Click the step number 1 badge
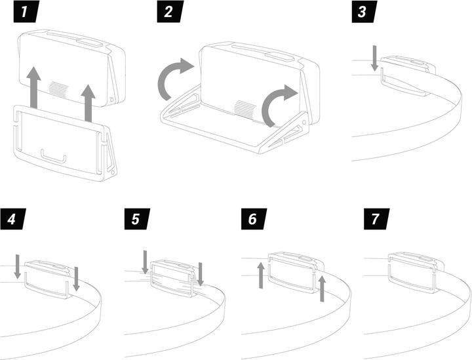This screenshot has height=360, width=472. (x=19, y=12)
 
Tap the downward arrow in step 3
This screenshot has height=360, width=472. (x=374, y=58)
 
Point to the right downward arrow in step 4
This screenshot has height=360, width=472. (x=77, y=278)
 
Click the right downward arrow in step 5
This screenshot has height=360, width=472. (x=201, y=273)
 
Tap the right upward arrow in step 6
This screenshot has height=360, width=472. (x=321, y=288)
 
